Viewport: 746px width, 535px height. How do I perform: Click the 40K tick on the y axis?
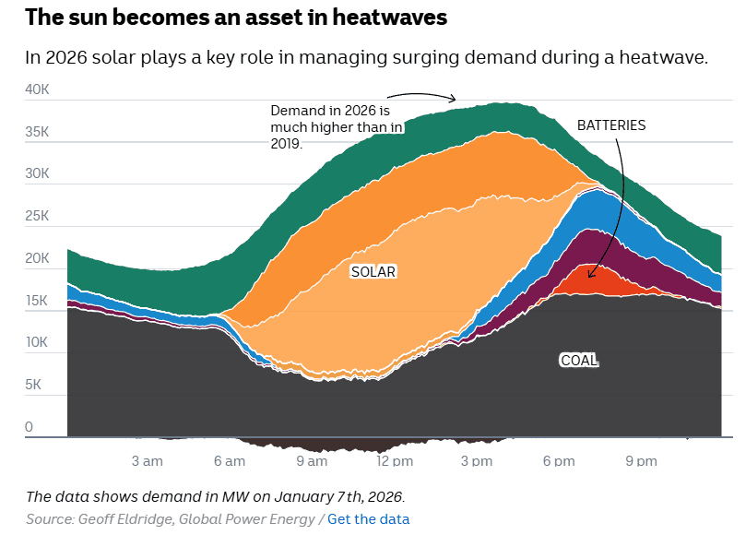[x=38, y=89]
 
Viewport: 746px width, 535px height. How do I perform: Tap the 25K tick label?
[x=38, y=216]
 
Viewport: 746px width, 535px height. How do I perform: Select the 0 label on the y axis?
[x=30, y=427]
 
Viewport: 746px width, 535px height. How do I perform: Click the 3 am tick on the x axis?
[x=148, y=461]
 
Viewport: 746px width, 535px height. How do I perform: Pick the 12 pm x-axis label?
[x=395, y=461]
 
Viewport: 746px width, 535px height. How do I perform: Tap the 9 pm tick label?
[x=641, y=461]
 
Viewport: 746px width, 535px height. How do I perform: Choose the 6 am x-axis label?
[x=230, y=461]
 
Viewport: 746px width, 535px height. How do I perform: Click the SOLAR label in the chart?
[x=373, y=272]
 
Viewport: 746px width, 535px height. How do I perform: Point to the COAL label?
[x=579, y=360]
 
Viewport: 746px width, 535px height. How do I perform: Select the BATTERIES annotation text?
[x=611, y=125]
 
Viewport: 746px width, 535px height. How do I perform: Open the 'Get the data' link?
[x=368, y=519]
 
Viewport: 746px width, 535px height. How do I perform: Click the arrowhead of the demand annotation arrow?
[x=454, y=100]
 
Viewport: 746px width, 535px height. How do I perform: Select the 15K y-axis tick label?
[x=38, y=301]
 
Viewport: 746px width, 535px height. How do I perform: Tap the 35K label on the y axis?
[x=38, y=132]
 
